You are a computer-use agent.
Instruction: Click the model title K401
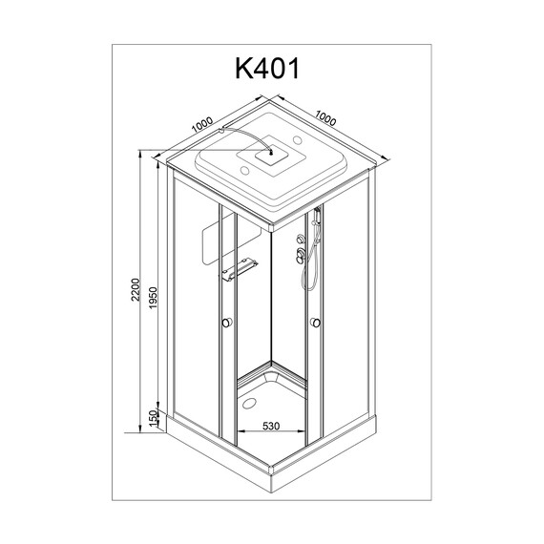tap(270, 70)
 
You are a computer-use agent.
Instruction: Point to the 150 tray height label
tap(152, 417)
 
